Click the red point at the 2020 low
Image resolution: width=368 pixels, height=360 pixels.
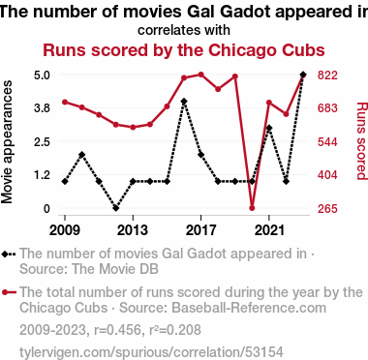click(x=252, y=208)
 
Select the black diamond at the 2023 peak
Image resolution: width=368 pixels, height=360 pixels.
click(x=303, y=75)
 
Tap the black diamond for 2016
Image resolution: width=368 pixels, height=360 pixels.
click(x=184, y=102)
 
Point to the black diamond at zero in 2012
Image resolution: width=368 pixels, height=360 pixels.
click(x=116, y=208)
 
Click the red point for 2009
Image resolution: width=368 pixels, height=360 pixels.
click(x=65, y=102)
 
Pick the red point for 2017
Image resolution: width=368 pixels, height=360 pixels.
click(x=200, y=75)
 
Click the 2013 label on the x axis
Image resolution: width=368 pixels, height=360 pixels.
click(x=133, y=230)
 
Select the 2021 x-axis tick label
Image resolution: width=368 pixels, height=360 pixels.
click(x=269, y=230)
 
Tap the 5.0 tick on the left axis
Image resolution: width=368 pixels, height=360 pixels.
click(x=42, y=75)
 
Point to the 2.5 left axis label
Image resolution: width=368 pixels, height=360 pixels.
click(x=42, y=142)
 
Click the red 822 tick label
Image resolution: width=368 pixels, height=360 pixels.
click(x=327, y=75)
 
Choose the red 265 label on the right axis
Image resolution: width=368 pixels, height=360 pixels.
click(x=327, y=209)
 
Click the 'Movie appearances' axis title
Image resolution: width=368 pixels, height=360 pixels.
click(x=7, y=142)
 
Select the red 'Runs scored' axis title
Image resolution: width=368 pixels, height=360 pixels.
click(x=361, y=141)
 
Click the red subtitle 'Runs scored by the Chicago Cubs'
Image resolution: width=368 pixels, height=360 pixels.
click(x=184, y=50)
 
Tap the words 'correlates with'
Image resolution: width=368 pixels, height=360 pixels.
click(x=184, y=30)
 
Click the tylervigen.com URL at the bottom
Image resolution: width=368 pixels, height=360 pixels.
click(x=151, y=352)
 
